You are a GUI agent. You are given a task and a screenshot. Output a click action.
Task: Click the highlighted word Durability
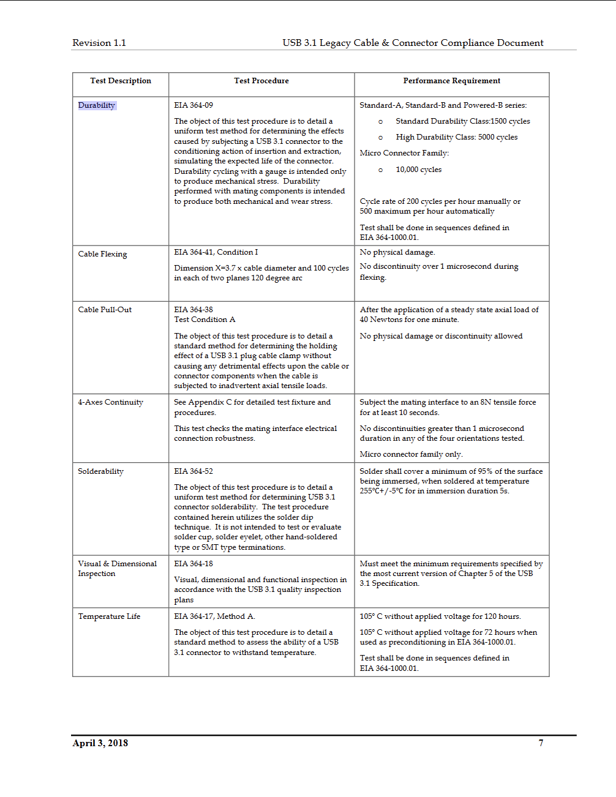[97, 105]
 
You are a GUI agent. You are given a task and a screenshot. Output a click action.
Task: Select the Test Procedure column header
[261, 81]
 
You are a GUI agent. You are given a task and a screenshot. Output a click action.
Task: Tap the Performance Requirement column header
[451, 81]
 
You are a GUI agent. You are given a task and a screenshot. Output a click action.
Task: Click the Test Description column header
[121, 81]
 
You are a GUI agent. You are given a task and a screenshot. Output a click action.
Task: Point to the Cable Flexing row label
[102, 254]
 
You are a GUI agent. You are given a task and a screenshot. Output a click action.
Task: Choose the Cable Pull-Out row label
[105, 310]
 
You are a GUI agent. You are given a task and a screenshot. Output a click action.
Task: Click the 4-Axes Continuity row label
[110, 402]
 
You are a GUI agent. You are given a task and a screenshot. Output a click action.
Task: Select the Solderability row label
[100, 471]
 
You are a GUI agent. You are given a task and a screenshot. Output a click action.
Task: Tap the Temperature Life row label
[109, 616]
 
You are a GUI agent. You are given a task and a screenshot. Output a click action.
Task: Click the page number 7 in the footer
[541, 743]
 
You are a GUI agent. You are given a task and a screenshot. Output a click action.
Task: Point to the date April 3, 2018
[100, 743]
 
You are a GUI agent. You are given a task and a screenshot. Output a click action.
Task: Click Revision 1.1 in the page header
[99, 43]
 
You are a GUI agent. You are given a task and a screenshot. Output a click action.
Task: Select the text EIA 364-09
[193, 105]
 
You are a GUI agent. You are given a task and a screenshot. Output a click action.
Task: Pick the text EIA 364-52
[193, 471]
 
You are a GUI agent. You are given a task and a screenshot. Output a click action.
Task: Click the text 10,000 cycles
[418, 170]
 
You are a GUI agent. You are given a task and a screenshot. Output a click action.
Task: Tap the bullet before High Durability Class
[380, 138]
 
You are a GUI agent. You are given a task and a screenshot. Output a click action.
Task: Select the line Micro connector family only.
[411, 454]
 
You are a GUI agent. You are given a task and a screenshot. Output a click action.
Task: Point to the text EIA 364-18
[193, 564]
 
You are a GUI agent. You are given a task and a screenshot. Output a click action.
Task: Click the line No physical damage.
[397, 252]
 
